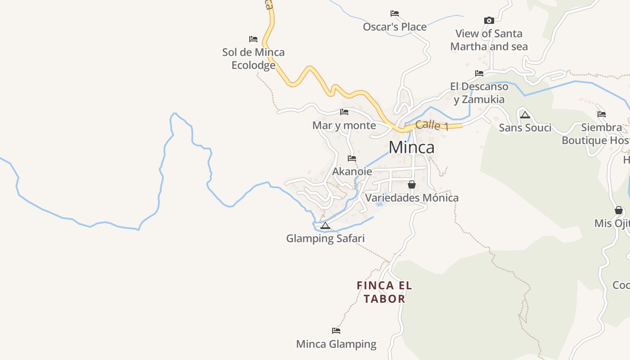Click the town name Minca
[411, 147]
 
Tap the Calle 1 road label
[432, 125]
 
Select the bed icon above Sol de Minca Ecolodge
[253, 39]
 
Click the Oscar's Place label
[395, 27]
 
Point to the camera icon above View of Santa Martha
[489, 20]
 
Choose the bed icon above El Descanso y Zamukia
[479, 73]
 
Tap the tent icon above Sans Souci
[525, 115]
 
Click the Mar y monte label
[344, 125]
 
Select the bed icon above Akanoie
[352, 158]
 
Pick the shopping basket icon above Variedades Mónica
[411, 184]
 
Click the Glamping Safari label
[325, 238]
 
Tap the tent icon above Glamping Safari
[325, 225]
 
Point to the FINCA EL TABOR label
[384, 292]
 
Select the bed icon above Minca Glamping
[336, 331]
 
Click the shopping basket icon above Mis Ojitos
[619, 210]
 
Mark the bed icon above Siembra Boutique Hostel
[602, 114]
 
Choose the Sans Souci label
[525, 128]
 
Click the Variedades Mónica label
[412, 198]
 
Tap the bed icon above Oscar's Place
[395, 13]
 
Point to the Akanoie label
[352, 171]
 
